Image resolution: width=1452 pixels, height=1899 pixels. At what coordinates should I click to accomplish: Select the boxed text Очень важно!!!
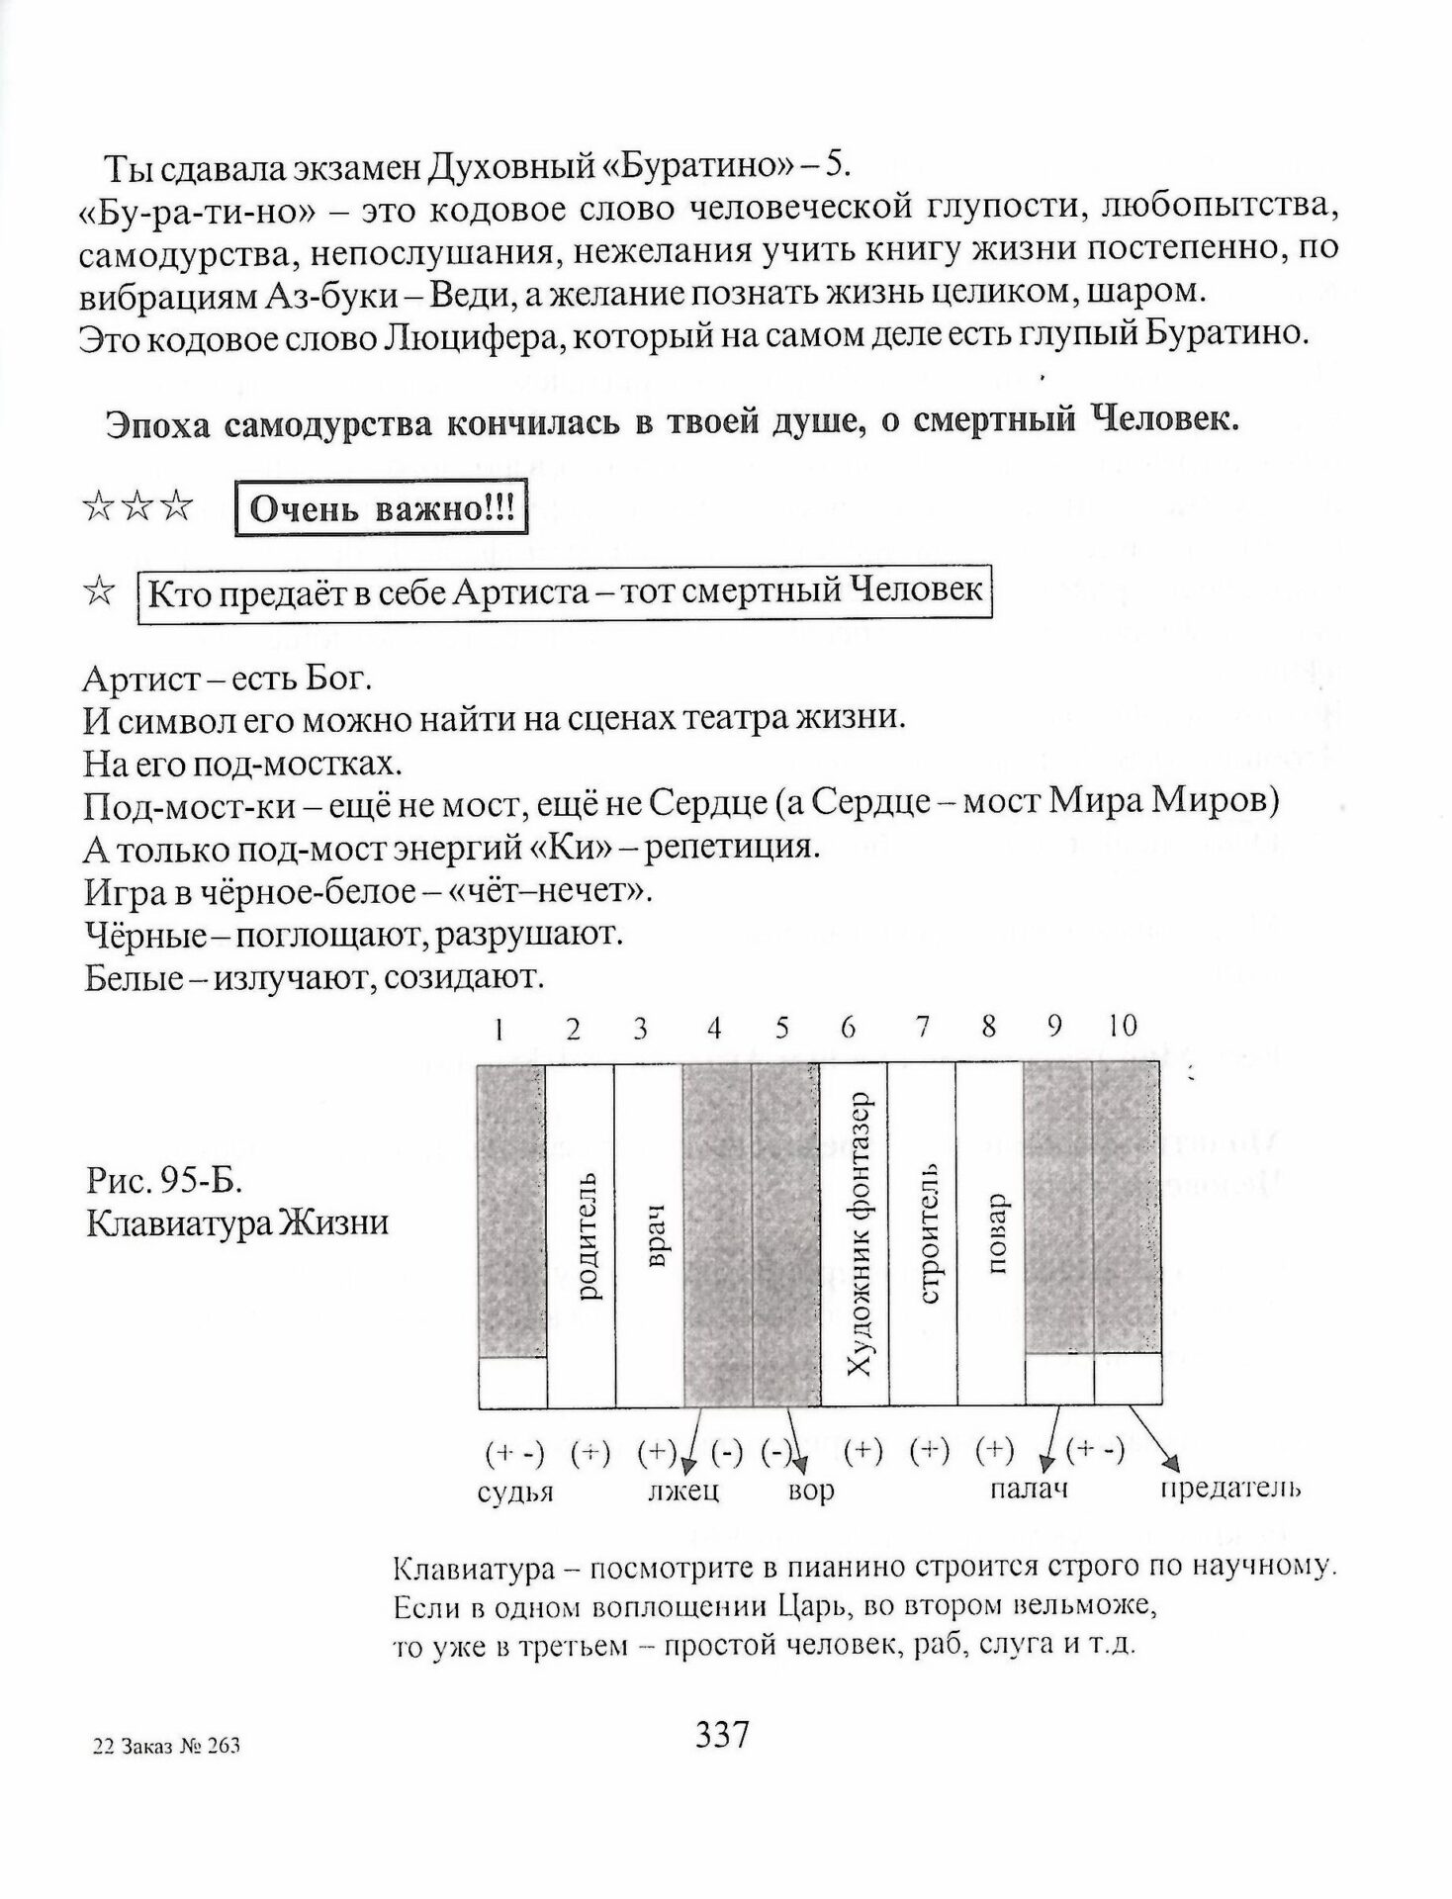381,510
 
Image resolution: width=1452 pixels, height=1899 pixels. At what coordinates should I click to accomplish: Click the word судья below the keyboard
515,1492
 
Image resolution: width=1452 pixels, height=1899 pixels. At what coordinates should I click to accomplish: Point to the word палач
1030,1490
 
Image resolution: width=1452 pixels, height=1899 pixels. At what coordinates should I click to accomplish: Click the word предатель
1230,1488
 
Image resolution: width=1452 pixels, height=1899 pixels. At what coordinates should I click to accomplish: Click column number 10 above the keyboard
1122,1027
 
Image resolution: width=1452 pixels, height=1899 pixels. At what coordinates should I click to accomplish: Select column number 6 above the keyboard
848,1028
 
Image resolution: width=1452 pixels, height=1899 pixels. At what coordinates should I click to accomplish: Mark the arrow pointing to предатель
1153,1438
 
